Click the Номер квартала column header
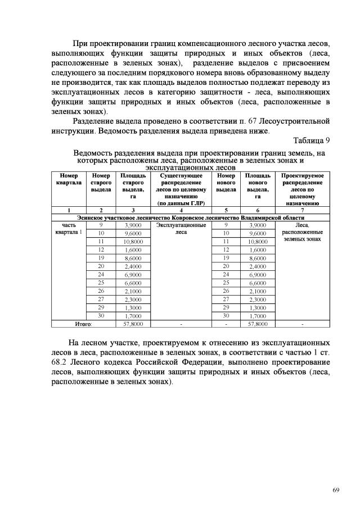(69, 179)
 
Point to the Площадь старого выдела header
(133, 186)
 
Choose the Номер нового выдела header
(226, 183)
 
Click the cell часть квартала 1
(69, 228)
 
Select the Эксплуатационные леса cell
(181, 228)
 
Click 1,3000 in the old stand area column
(133, 307)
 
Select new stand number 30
(226, 316)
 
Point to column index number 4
(181, 210)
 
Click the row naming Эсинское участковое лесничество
(191, 217)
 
